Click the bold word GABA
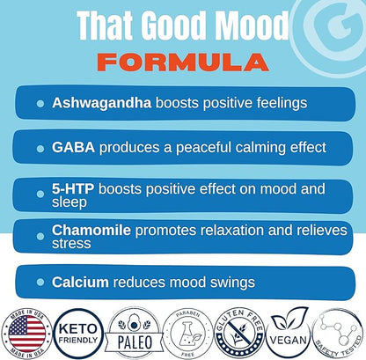tap(70, 145)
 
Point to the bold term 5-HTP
tap(73, 187)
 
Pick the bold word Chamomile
tap(91, 231)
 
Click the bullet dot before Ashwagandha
tap(40, 104)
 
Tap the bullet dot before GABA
tap(40, 146)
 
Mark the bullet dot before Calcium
tap(40, 283)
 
